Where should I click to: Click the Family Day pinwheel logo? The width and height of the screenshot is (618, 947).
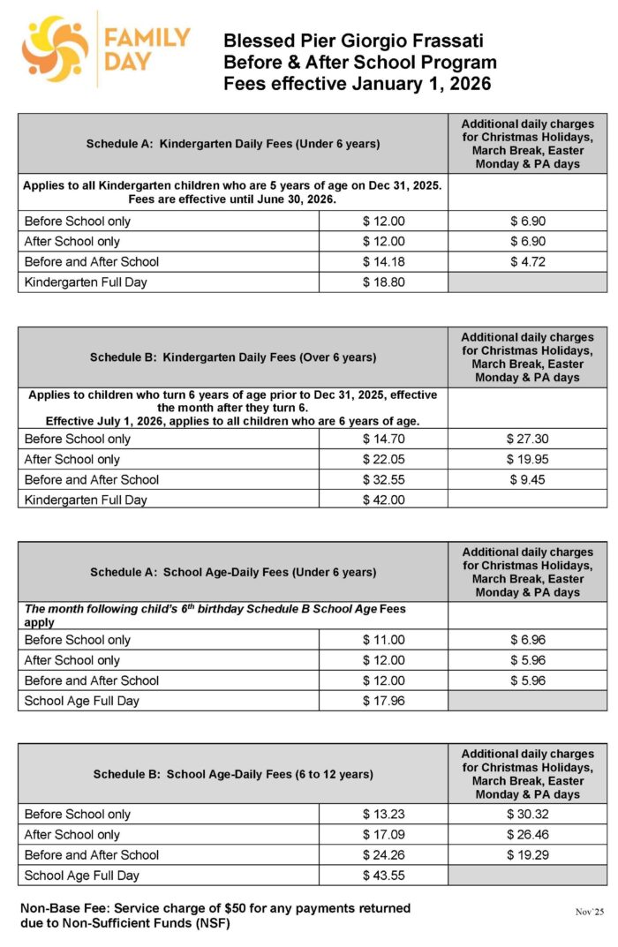click(x=55, y=49)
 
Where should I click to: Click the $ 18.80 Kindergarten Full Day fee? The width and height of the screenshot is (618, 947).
click(x=383, y=282)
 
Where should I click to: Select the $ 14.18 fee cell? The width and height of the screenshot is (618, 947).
click(x=383, y=262)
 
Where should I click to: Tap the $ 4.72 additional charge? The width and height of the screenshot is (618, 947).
click(x=528, y=262)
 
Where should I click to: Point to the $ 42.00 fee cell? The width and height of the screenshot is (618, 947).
click(x=383, y=500)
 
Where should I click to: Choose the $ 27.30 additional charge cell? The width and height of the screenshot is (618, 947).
click(x=528, y=440)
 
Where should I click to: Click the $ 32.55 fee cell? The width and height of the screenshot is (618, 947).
click(x=383, y=480)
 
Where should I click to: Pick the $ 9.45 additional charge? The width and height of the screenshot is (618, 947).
click(x=528, y=480)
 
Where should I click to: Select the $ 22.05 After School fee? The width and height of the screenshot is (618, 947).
click(x=383, y=460)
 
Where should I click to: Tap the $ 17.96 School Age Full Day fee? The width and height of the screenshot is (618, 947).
click(x=383, y=702)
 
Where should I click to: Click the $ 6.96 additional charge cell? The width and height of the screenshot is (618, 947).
click(x=528, y=640)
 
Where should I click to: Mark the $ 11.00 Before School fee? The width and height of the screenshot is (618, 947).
click(x=383, y=640)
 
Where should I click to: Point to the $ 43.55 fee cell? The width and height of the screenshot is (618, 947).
click(x=383, y=876)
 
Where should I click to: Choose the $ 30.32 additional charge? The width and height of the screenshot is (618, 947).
click(x=528, y=815)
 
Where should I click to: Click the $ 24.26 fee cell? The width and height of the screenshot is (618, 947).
click(x=383, y=855)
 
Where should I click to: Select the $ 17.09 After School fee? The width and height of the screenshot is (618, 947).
click(x=383, y=835)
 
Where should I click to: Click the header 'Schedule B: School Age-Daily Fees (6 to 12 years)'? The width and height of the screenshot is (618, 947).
click(x=233, y=774)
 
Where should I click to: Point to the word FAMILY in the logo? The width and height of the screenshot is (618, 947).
click(x=147, y=38)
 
